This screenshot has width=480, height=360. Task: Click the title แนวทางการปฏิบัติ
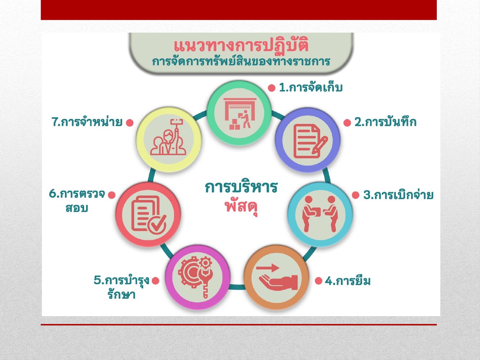tap(241, 45)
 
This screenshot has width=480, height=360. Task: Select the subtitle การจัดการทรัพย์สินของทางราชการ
tap(241, 61)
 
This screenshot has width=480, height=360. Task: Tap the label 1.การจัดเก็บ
tap(310, 87)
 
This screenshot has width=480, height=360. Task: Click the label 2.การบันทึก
tap(385, 122)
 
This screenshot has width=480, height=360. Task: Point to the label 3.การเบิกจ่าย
tap(398, 195)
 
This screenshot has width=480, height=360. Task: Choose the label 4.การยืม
tap(348, 281)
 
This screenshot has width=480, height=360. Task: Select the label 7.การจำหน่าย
tap(87, 122)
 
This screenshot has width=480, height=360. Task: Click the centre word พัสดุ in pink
tap(241, 206)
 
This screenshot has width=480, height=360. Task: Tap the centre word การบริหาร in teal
tap(241, 187)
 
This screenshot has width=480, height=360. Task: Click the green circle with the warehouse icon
tap(239, 113)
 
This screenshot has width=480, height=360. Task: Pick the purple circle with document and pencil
tap(308, 140)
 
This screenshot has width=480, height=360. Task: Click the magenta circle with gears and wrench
tap(198, 277)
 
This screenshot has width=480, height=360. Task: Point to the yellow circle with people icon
tap(169, 140)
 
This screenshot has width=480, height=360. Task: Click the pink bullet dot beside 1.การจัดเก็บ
tap(272, 88)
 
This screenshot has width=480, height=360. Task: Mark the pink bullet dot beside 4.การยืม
tap(318, 281)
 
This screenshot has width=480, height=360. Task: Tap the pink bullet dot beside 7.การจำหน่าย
tap(130, 123)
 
